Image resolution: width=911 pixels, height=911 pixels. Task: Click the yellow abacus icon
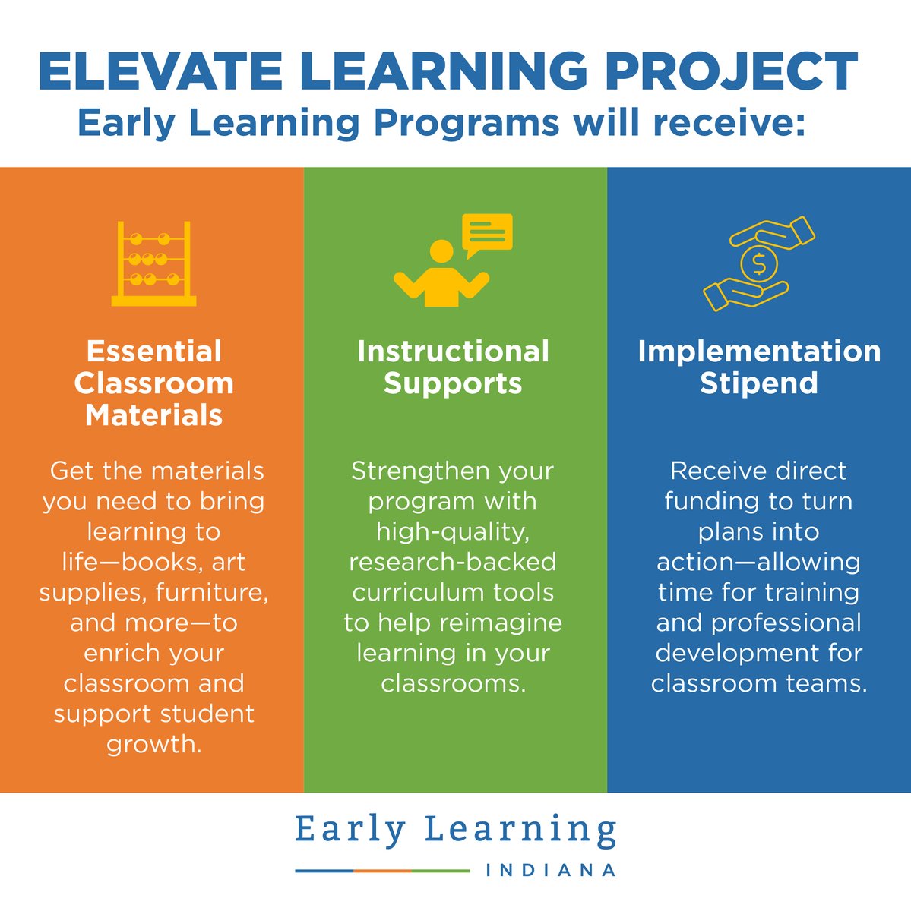click(153, 263)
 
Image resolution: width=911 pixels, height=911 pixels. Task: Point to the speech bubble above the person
click(487, 233)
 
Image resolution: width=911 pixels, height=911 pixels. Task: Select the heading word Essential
click(154, 351)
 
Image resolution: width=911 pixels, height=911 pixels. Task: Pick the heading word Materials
click(154, 415)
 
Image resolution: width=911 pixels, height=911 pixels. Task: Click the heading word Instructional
click(453, 351)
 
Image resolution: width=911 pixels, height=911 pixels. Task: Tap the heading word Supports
click(453, 383)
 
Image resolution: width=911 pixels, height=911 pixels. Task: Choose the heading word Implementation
click(759, 351)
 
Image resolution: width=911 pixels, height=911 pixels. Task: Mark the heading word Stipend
click(759, 383)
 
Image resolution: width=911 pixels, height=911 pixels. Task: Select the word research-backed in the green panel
click(453, 562)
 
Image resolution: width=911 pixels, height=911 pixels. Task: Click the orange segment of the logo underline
click(382, 871)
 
